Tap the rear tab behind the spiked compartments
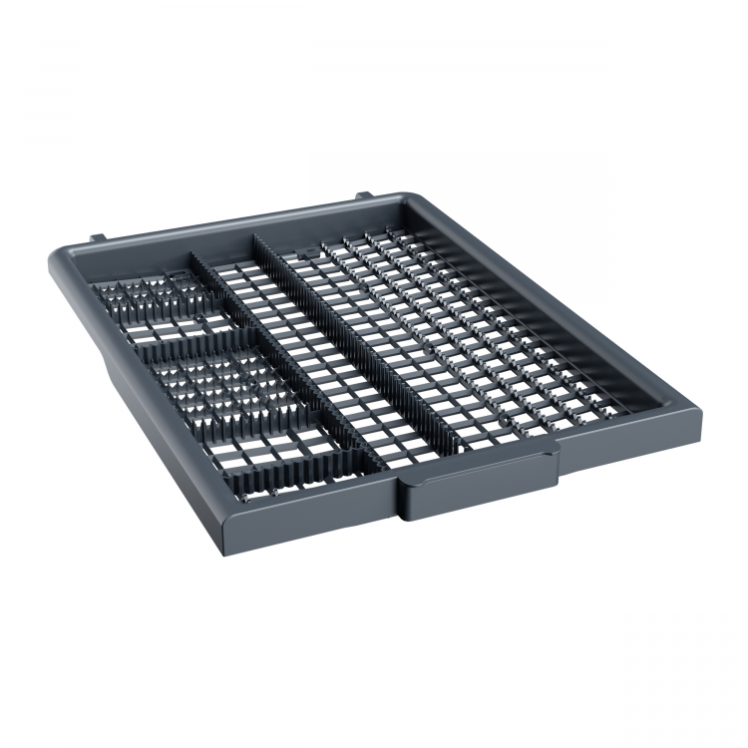pos(98,237)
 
